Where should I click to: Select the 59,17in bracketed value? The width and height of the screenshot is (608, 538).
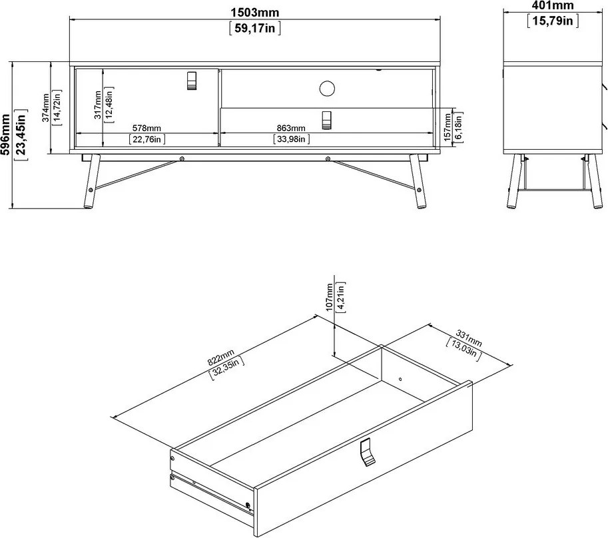254,29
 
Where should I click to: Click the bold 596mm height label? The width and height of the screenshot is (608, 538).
7,134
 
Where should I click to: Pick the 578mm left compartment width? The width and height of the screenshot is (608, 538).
147,128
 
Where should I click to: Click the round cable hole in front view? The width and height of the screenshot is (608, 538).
326,87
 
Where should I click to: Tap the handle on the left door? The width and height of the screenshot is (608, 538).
192,81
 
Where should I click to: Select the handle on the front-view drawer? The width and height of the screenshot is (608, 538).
326,120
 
